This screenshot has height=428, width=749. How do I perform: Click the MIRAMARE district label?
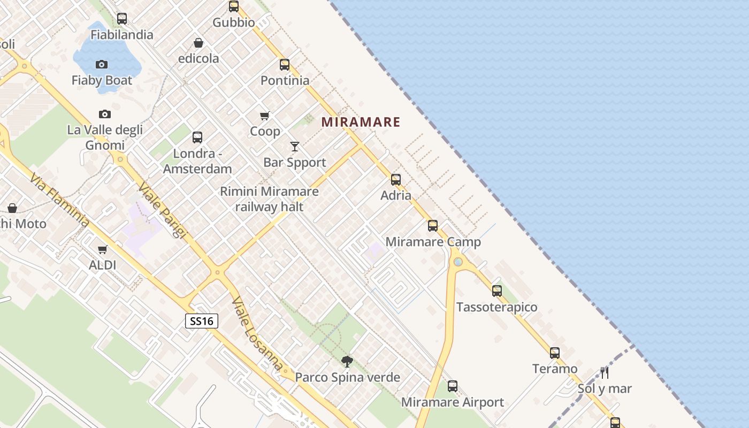click(x=361, y=122)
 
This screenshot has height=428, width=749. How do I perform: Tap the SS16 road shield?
click(x=202, y=321)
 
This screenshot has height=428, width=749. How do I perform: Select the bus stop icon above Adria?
click(x=396, y=180)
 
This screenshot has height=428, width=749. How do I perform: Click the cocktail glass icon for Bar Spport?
click(x=295, y=146)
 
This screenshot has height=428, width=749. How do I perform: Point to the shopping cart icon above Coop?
click(x=265, y=116)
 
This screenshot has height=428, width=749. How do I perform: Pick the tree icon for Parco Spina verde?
click(x=347, y=362)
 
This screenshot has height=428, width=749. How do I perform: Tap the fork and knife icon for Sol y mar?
click(x=605, y=372)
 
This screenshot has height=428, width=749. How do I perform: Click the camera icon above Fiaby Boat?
click(x=102, y=65)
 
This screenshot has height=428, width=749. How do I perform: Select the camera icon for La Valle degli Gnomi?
click(x=105, y=114)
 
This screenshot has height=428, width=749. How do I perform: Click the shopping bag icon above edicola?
click(x=198, y=43)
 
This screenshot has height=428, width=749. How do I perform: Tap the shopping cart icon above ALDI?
click(x=103, y=249)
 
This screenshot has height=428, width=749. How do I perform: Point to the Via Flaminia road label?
click(x=59, y=200)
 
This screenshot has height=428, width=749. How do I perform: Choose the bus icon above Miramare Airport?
click(x=453, y=386)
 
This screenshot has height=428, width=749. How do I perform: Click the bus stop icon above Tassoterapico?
click(x=497, y=291)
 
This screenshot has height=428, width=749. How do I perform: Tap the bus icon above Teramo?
click(x=555, y=353)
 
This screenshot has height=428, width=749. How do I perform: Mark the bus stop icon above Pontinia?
click(x=285, y=65)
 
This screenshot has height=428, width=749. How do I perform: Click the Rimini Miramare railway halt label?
click(x=269, y=199)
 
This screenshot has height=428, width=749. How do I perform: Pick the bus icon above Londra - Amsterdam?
click(x=197, y=137)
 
